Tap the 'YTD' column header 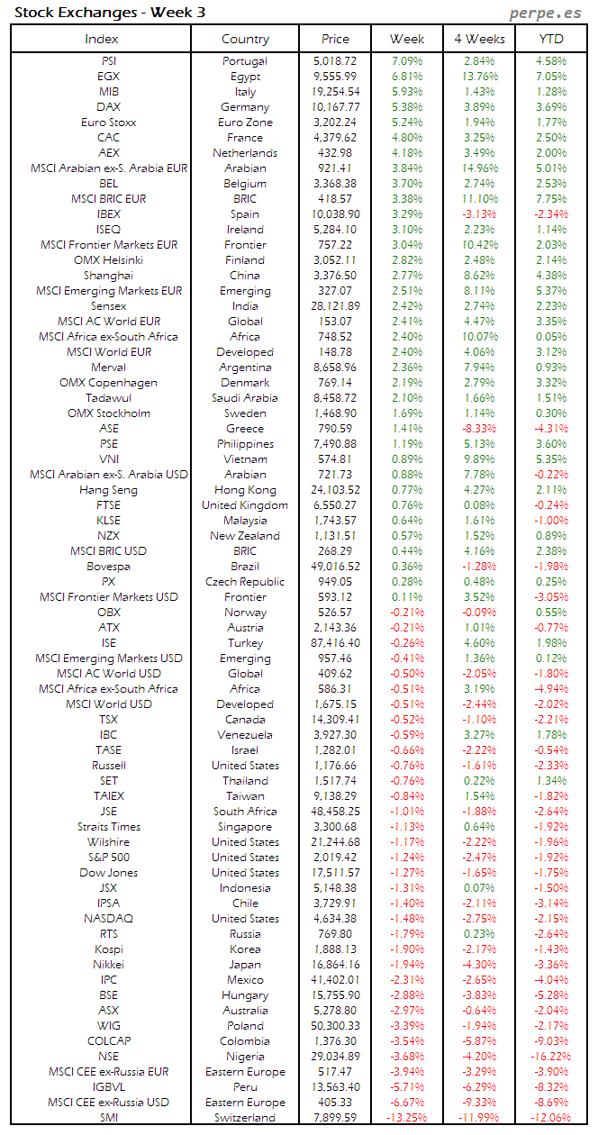pos(551,39)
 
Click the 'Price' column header pos(335,39)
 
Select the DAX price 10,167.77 pos(335,107)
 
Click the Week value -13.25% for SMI pos(407,1118)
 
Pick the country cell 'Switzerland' pos(245,1118)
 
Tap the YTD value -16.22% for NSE pos(550,1057)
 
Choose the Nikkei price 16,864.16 pos(335,965)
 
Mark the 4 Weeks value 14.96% pos(479,168)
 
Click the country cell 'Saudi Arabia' pos(245,398)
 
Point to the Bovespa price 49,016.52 pos(335,567)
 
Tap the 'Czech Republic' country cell pos(245,582)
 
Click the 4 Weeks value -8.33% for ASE pos(479,429)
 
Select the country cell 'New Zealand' pos(245,536)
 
